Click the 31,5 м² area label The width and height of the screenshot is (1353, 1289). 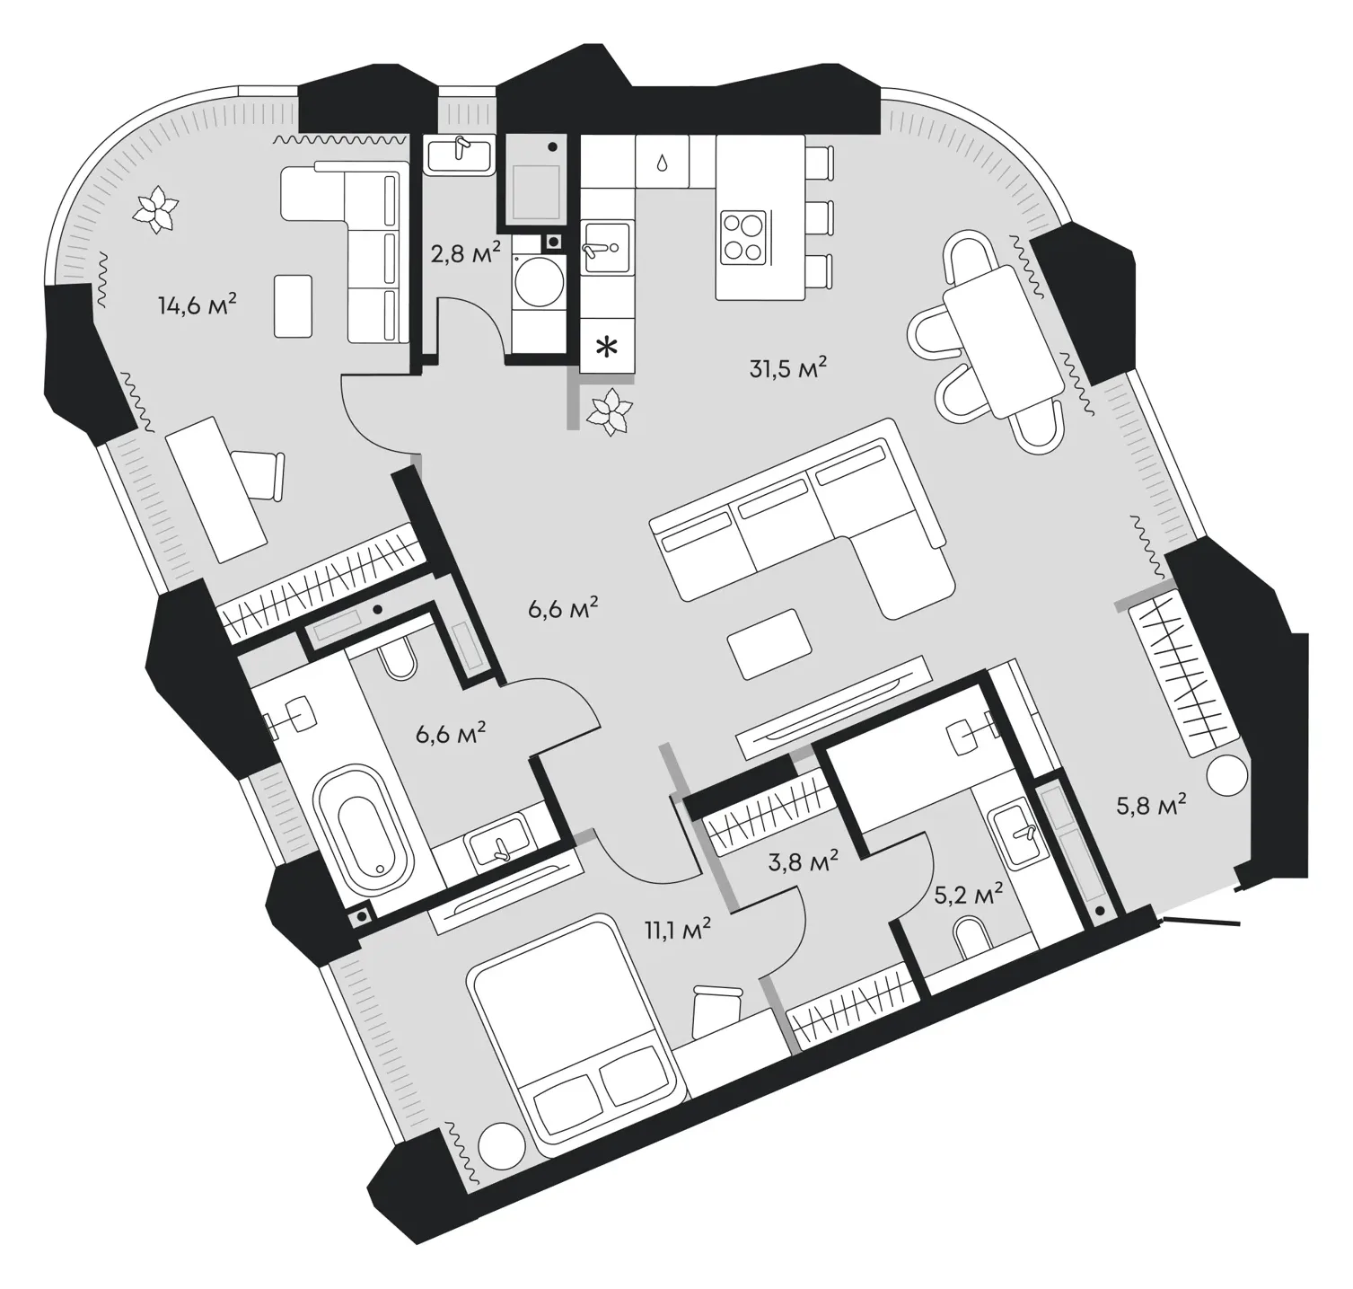click(x=786, y=368)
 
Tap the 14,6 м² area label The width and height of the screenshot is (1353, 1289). click(x=198, y=305)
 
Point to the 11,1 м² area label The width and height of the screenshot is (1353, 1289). click(x=677, y=931)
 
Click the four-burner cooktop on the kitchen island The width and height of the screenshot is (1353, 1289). click(x=744, y=236)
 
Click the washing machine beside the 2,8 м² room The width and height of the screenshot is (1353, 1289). click(x=538, y=281)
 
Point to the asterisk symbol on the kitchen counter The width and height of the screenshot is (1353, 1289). click(x=608, y=346)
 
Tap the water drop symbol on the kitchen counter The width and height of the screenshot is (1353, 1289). click(x=662, y=163)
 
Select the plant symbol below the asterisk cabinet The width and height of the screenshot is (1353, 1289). click(x=612, y=413)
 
